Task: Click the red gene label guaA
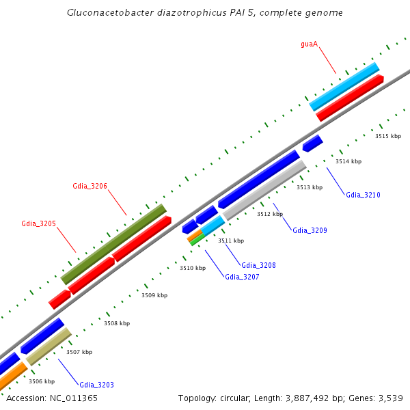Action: coord(310,44)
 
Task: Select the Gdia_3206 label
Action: coord(90,186)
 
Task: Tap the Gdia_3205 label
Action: coord(38,223)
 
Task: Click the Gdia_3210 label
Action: coord(363,195)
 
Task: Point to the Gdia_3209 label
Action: coord(310,230)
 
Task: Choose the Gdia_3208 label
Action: coord(258,265)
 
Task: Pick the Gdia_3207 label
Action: coord(242,277)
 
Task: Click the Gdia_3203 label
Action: coord(96,385)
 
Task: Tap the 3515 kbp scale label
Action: coord(388,137)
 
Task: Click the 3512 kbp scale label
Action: coord(270,214)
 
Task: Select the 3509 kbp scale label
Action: coord(154,295)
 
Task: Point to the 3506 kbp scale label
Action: coord(41,381)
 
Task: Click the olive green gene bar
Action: coord(114,244)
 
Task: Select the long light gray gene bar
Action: coord(264,190)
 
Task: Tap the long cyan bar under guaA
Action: coord(344,86)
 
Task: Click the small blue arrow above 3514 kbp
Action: coord(312,143)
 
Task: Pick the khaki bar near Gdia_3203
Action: coord(49,346)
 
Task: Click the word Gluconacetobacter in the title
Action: coord(101,13)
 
